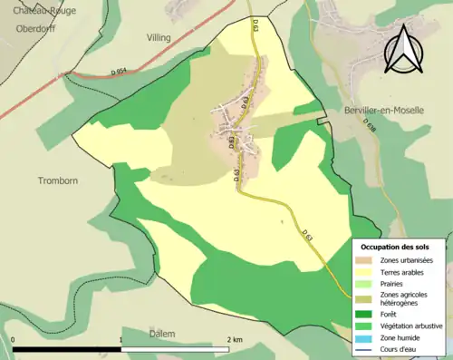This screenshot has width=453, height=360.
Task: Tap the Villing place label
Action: click(x=159, y=38)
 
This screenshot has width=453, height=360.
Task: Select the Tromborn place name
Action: click(x=58, y=180)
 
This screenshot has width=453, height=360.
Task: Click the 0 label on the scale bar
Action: click(x=14, y=340)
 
